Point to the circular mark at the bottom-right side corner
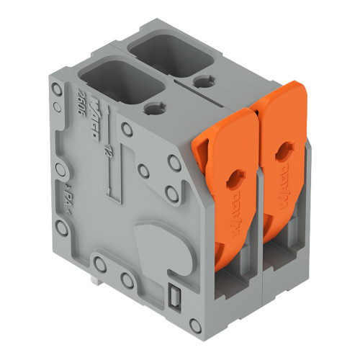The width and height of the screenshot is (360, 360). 192,318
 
